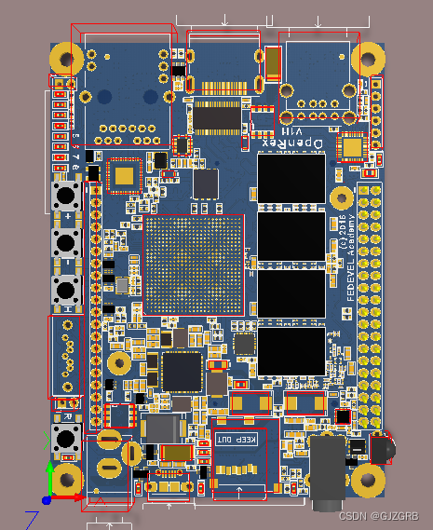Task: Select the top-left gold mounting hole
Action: tap(66, 58)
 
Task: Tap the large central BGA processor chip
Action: tap(194, 265)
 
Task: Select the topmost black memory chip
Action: tap(290, 179)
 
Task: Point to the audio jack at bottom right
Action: tap(330, 470)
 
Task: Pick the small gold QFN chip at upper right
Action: tap(353, 147)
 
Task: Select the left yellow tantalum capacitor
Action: tap(251, 403)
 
